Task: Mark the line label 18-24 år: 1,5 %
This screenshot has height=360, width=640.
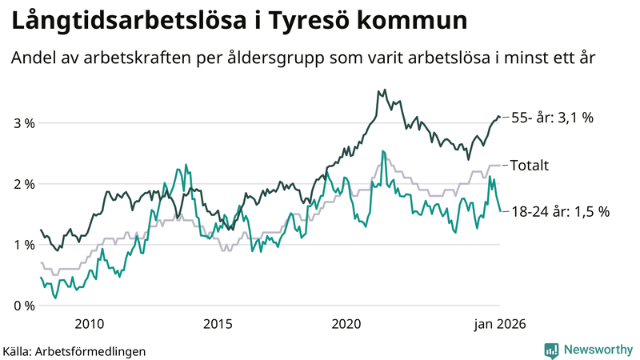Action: pos(560,212)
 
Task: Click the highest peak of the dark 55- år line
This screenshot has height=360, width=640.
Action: pos(385,90)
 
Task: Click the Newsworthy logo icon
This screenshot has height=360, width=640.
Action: pos(551,350)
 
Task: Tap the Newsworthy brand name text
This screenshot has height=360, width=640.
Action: pos(598,350)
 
